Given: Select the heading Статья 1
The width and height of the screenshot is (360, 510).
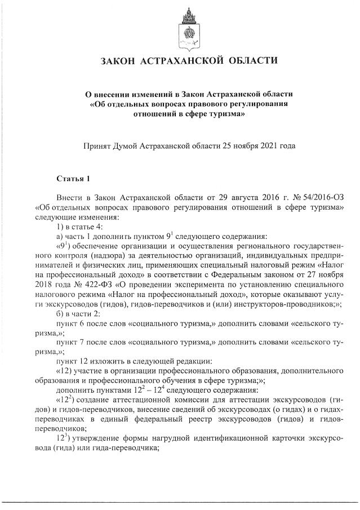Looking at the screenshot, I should pos(73,179).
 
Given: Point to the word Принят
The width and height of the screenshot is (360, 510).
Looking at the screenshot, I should pos(97,145).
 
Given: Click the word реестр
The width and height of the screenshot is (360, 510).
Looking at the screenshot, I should pos(189,419).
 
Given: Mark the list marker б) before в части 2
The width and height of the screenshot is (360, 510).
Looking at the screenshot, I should pos(60,313).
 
